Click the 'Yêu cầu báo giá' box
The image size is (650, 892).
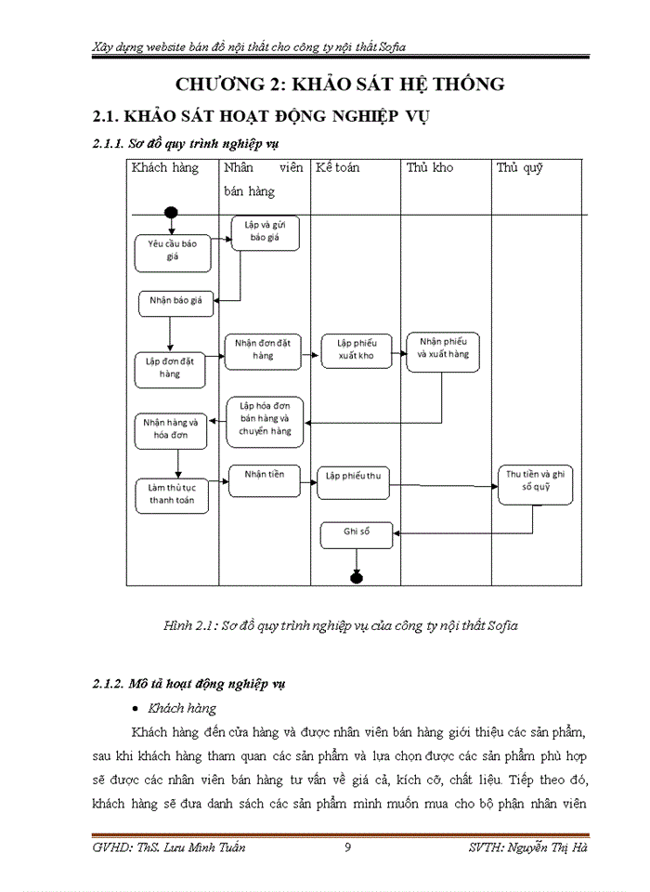pos(172,250)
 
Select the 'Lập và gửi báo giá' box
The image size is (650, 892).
pos(266,231)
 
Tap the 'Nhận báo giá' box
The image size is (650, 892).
pos(176,300)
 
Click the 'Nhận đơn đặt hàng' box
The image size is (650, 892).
pos(263,349)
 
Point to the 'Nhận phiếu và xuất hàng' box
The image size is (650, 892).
pos(443,348)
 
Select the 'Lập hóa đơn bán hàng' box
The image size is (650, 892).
pos(266,418)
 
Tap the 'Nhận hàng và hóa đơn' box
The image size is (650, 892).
pos(171,427)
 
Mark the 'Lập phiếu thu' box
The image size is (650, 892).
pos(354,477)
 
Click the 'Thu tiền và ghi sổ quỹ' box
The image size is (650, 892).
pos(535,479)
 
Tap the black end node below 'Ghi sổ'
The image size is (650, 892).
pos(357,578)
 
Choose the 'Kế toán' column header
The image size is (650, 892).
pos(338,168)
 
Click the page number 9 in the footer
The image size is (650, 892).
pos(346,846)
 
